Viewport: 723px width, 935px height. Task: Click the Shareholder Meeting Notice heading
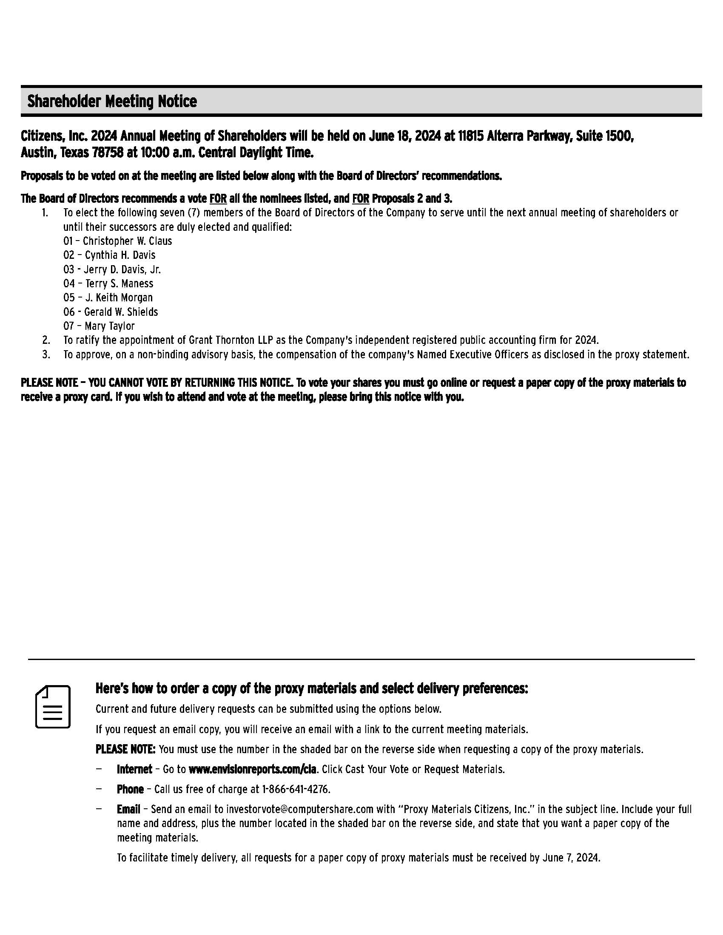(112, 102)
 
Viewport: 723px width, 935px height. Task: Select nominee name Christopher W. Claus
(127, 241)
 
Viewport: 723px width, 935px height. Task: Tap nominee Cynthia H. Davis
(120, 255)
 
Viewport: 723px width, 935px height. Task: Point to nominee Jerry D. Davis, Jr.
(122, 269)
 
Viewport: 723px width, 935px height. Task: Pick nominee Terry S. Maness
(119, 283)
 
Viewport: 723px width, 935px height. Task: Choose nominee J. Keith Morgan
(119, 297)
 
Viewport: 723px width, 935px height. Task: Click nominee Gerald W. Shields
(121, 312)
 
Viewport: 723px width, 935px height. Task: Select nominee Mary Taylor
(110, 326)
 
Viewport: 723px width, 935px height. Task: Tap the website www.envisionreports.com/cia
(252, 769)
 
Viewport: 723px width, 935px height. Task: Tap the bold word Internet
(134, 769)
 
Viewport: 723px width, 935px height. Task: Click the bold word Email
(128, 809)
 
